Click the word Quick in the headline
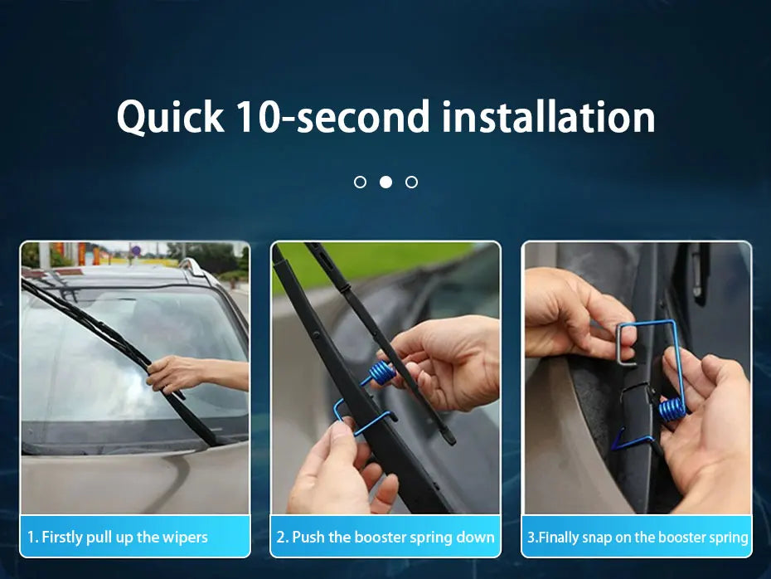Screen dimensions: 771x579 coord(170,117)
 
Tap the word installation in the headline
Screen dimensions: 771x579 coord(549,116)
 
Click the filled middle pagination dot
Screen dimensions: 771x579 coord(386,182)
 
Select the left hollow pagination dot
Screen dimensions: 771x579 coord(360,182)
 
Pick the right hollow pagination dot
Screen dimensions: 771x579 coord(411,182)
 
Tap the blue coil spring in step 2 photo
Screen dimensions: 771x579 coord(382,372)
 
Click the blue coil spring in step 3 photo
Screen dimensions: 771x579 coord(672,410)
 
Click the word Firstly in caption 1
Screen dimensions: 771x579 coord(62,537)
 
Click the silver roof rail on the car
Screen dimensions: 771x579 coord(196,269)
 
